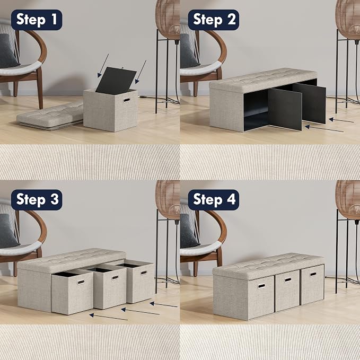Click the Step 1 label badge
click(37, 20)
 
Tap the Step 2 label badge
click(214, 20)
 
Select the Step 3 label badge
click(37, 200)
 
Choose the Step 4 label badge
click(214, 200)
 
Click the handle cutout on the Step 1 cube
click(127, 100)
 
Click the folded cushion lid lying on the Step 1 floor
click(50, 117)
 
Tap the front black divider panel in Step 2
click(285, 109)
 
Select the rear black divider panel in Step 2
click(309, 103)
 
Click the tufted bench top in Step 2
click(263, 80)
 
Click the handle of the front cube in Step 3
click(81, 282)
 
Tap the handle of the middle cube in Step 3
click(115, 278)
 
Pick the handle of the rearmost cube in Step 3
click(144, 273)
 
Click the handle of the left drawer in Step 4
click(261, 286)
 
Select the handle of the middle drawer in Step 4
click(288, 280)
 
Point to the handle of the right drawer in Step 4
click(313, 274)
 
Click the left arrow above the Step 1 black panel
click(103, 66)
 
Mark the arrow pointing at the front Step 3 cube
click(109, 317)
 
